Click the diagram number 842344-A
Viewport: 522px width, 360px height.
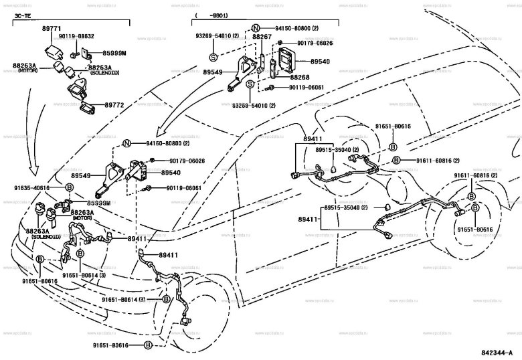tap(496, 352)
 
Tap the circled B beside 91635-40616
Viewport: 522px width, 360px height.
tap(68, 188)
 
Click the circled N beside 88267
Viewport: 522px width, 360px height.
tap(254, 29)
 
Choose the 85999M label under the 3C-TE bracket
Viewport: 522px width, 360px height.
tap(114, 52)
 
